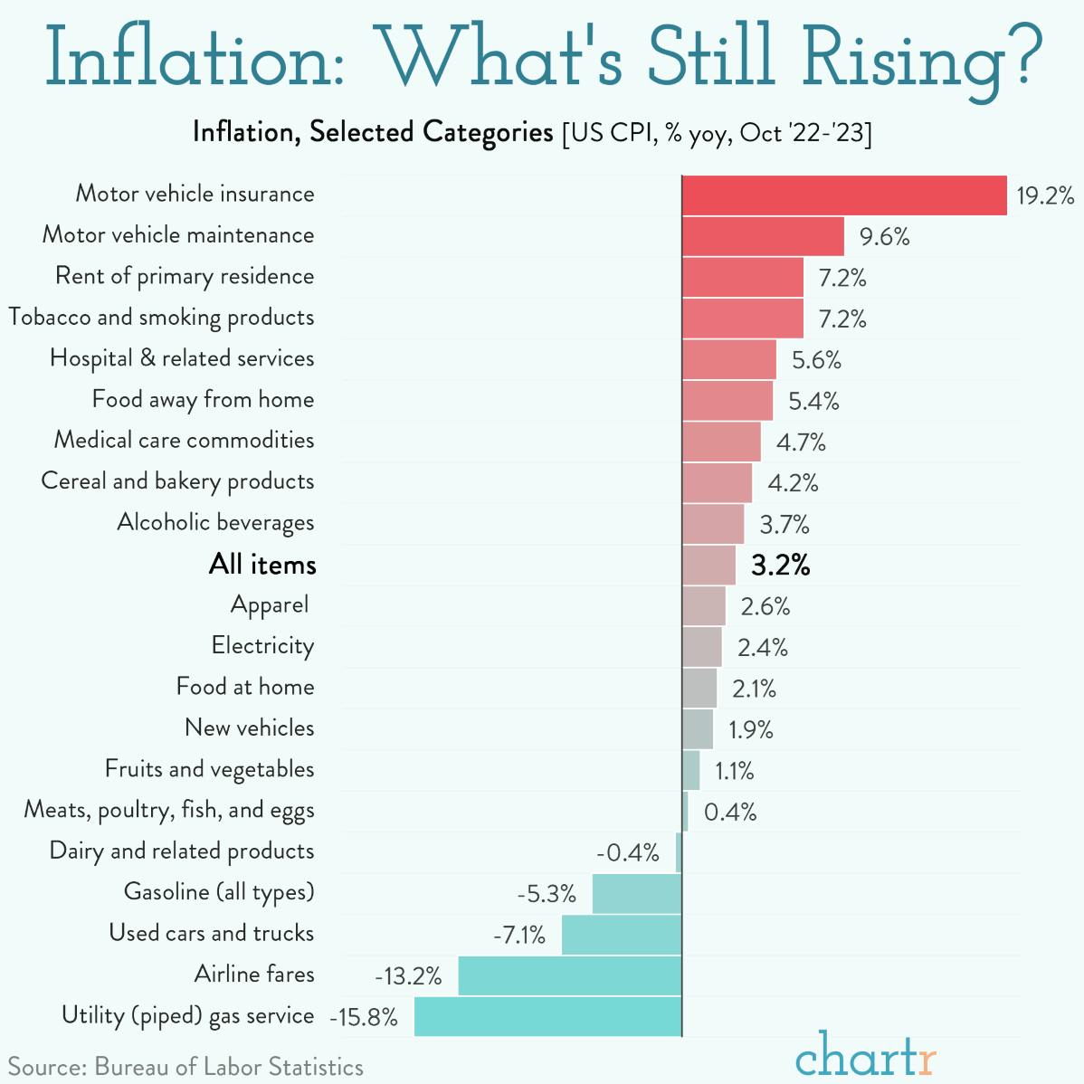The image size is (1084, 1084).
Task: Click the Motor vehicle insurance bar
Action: tap(843, 195)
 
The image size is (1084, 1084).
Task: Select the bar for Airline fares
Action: tap(569, 975)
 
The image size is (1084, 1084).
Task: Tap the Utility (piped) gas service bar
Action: tap(547, 1016)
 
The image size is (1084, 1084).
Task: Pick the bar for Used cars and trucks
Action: tap(621, 935)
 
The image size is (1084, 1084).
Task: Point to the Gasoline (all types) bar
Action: tap(636, 893)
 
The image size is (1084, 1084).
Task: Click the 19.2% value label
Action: tap(1044, 195)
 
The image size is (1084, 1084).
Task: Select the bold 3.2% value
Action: tap(780, 565)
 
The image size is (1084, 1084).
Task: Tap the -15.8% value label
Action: tap(364, 1017)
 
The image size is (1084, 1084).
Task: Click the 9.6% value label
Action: tap(884, 237)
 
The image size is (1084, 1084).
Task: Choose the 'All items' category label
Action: tap(262, 565)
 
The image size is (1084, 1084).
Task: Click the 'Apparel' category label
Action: tap(270, 605)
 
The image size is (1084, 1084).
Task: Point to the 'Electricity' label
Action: tap(262, 646)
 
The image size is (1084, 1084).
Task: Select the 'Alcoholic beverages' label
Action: tap(215, 523)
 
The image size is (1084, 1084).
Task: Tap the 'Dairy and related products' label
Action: tap(182, 851)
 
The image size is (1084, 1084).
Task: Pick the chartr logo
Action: tap(865, 1054)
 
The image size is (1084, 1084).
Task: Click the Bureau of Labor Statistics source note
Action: tap(185, 1067)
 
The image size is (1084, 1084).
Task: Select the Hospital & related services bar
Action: tap(728, 359)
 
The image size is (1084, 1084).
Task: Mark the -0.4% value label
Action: tap(627, 853)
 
